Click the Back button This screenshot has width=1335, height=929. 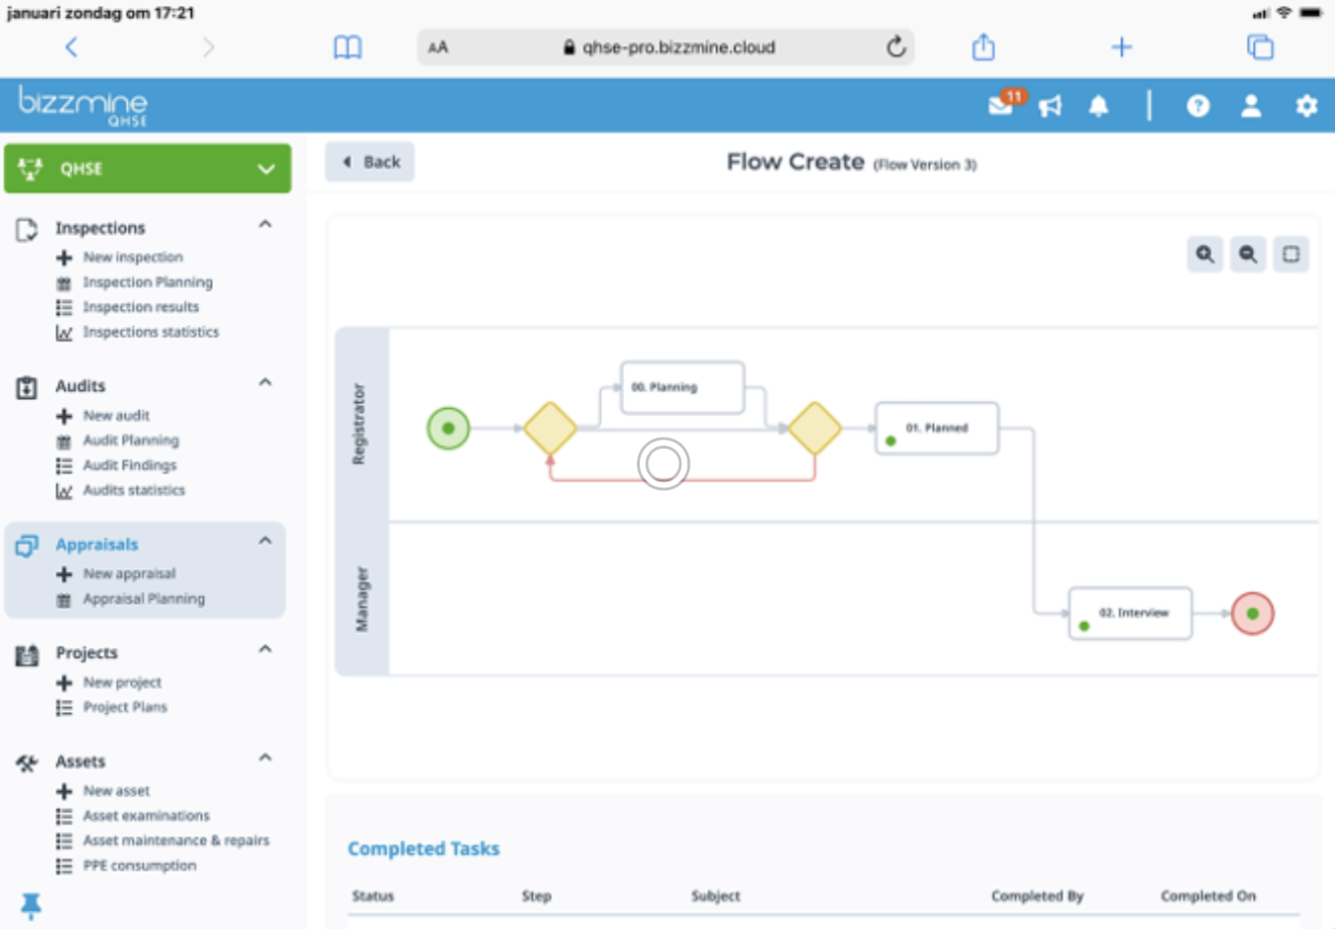pos(369,161)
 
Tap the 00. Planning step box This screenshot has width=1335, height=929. pos(682,387)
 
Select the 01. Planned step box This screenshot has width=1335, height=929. pos(937,429)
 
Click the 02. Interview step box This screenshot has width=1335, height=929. pos(1131,613)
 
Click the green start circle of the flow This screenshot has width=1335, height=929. pos(449,428)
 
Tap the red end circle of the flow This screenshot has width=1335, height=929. pos(1253,613)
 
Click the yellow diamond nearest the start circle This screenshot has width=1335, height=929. pos(550,428)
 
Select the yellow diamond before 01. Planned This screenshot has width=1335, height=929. pos(815,428)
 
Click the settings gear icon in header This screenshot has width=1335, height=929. pos(1306,106)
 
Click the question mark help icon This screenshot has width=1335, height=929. pos(1198,106)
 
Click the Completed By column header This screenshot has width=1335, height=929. pos(1037,896)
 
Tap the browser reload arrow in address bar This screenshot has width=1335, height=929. pos(895,47)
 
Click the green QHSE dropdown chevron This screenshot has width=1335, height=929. pos(266,169)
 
